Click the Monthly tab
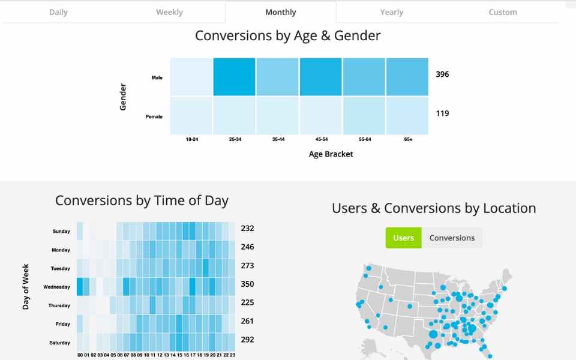280,12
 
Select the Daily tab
58,12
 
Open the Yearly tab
391,12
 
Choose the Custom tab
502,12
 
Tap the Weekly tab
169,12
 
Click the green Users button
403,238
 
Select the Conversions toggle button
452,238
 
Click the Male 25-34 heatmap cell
234,77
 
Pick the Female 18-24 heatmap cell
191,116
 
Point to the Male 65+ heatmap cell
407,77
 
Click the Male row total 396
442,74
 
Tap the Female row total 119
442,113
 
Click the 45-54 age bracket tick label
321,139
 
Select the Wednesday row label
56,287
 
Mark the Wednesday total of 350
247,284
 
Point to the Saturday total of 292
247,340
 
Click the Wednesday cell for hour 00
80,287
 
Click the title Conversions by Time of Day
142,200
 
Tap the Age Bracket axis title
331,154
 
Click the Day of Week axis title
26,286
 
